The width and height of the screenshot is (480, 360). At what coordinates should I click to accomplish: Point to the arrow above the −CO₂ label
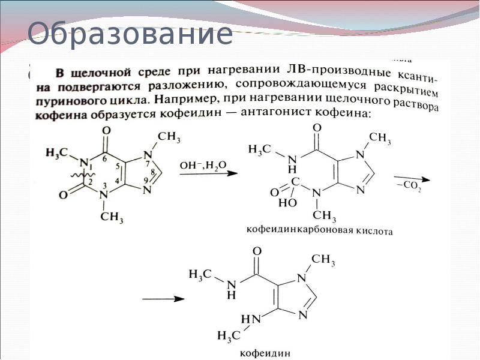[x=412, y=179]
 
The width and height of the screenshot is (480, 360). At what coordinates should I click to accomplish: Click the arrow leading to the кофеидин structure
[x=163, y=298]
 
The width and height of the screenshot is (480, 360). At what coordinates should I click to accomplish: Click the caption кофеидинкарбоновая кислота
[x=320, y=230]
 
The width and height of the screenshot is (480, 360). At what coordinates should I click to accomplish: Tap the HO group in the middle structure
[x=286, y=203]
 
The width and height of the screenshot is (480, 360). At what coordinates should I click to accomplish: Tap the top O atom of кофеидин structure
[x=257, y=251]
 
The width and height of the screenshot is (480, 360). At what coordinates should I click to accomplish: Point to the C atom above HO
[x=295, y=180]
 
